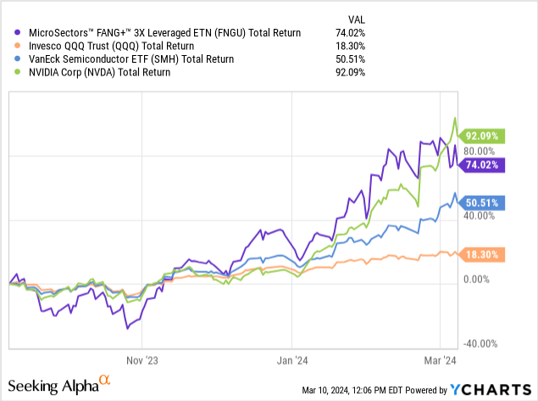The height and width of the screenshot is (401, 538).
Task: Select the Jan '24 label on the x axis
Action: tap(292, 359)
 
